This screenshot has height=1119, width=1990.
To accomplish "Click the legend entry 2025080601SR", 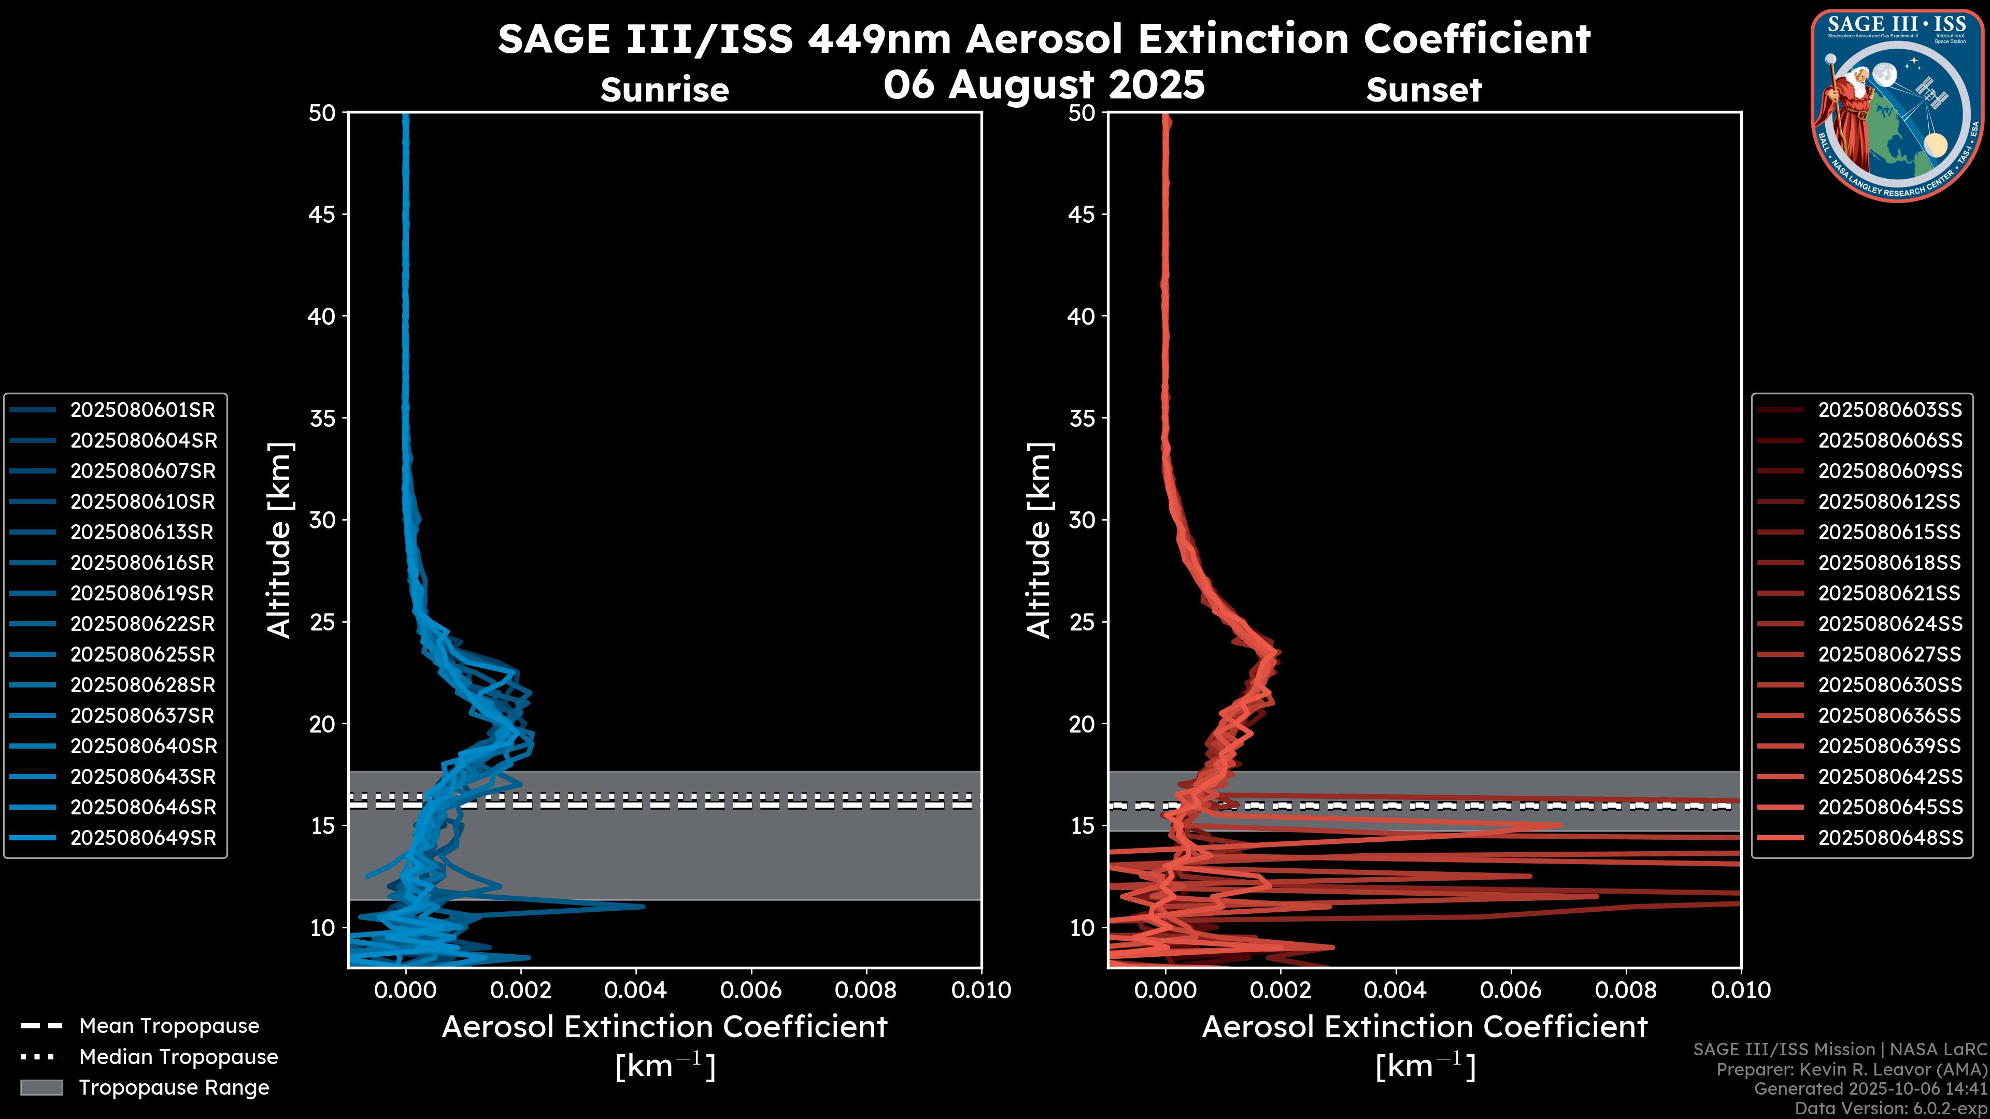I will (x=142, y=409).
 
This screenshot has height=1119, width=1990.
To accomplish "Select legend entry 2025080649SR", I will (x=143, y=838).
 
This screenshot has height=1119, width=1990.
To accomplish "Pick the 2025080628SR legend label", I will (x=142, y=685).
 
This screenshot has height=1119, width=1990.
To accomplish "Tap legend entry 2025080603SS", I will (x=1889, y=409).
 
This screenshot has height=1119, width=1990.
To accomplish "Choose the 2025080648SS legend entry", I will (x=1889, y=838).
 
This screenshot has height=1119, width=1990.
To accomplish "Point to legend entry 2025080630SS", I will (x=1889, y=685).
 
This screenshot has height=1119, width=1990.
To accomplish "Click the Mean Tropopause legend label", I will (x=168, y=1026).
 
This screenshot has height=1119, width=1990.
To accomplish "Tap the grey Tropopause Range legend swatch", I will (x=41, y=1087).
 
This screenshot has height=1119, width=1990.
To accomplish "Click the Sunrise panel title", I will (x=664, y=90).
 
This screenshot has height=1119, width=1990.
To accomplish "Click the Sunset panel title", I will (x=1424, y=90).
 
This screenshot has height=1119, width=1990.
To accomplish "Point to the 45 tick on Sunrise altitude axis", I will (x=321, y=214).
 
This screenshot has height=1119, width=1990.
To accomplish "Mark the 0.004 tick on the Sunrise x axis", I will (x=635, y=990).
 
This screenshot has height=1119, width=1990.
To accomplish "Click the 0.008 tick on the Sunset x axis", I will (x=1626, y=990).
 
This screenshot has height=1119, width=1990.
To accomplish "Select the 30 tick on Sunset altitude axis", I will (x=1082, y=520).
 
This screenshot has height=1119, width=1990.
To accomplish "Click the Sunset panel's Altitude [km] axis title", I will (x=1039, y=540).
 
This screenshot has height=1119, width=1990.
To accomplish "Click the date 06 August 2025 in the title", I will (x=1044, y=84).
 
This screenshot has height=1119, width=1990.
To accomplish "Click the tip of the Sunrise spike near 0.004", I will (x=643, y=906).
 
